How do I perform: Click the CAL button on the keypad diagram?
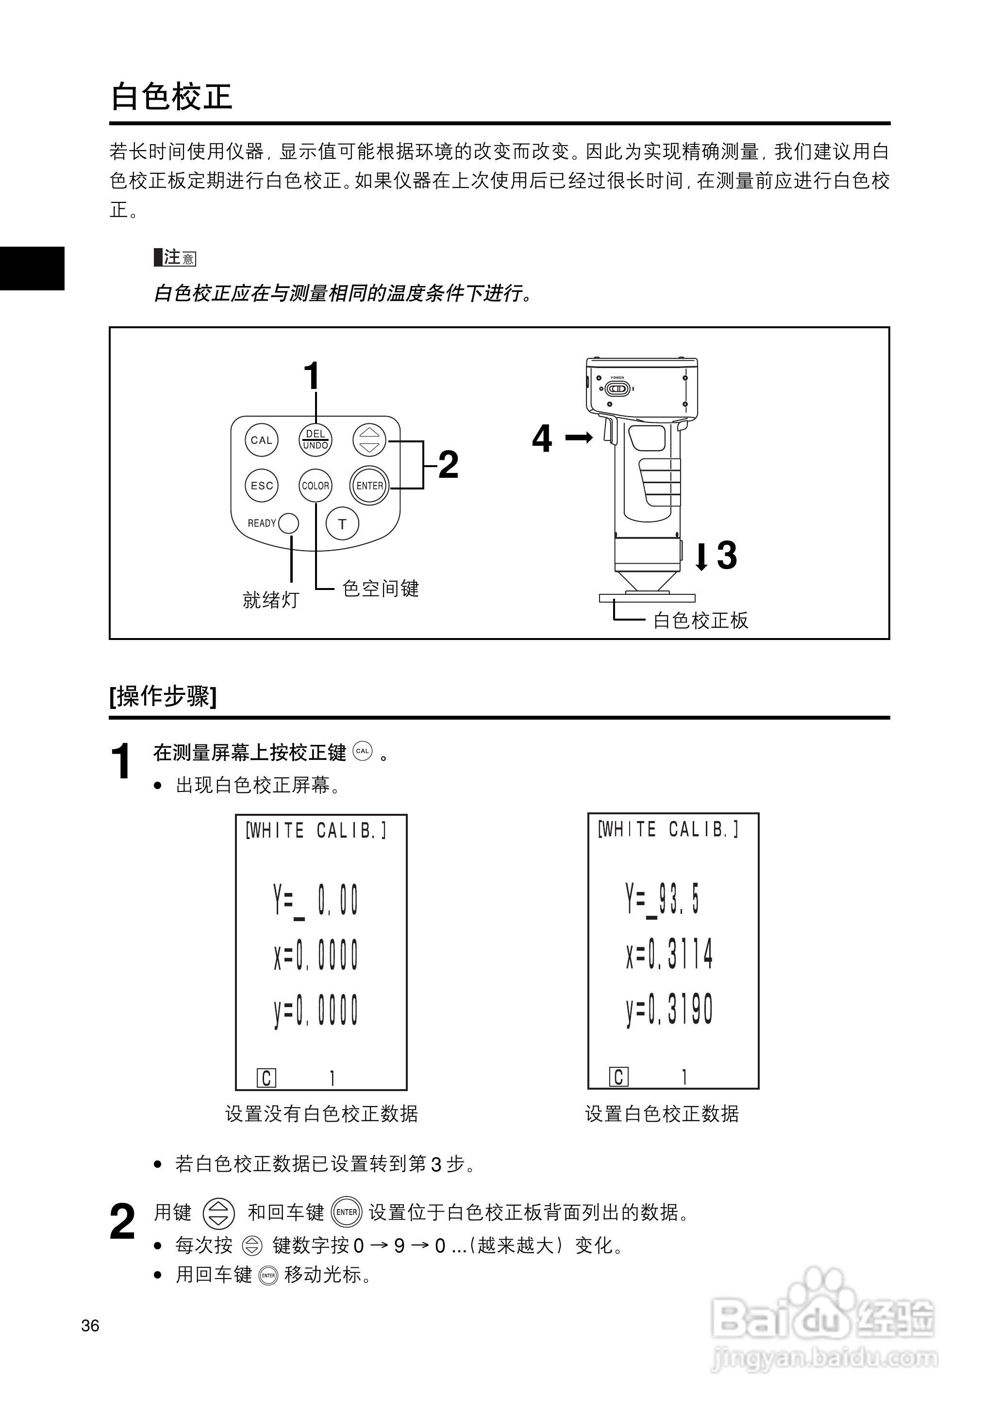[x=262, y=440]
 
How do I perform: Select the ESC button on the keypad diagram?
[x=262, y=485]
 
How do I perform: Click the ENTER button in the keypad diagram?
[x=369, y=485]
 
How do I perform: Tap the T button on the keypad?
[x=342, y=523]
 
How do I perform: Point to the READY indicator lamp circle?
[x=289, y=523]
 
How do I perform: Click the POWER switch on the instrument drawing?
[x=617, y=388]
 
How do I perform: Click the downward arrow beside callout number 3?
[x=701, y=555]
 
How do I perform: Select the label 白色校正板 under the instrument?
[x=701, y=620]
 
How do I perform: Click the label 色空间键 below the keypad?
[x=381, y=589]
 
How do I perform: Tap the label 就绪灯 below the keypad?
[x=271, y=600]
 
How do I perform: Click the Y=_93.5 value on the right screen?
[x=663, y=900]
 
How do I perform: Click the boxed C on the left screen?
[x=267, y=1078]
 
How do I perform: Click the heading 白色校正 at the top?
[x=171, y=97]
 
